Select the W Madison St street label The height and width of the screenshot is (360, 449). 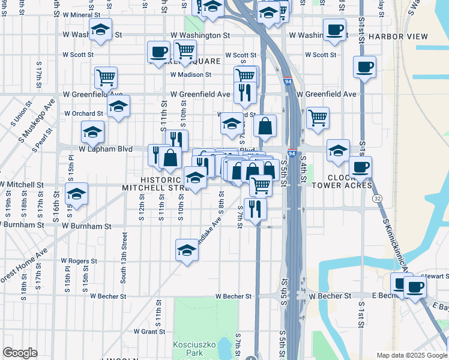[x=191, y=75]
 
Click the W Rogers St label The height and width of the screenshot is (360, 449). [x=79, y=261]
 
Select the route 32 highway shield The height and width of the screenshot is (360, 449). [x=376, y=198]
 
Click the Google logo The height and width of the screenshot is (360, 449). [x=20, y=353]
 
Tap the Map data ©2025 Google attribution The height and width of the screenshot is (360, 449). [x=411, y=355]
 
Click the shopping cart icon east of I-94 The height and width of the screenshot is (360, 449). [x=318, y=116]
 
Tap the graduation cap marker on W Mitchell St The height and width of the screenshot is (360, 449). [x=76, y=194]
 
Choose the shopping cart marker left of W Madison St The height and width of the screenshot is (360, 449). [x=106, y=76]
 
